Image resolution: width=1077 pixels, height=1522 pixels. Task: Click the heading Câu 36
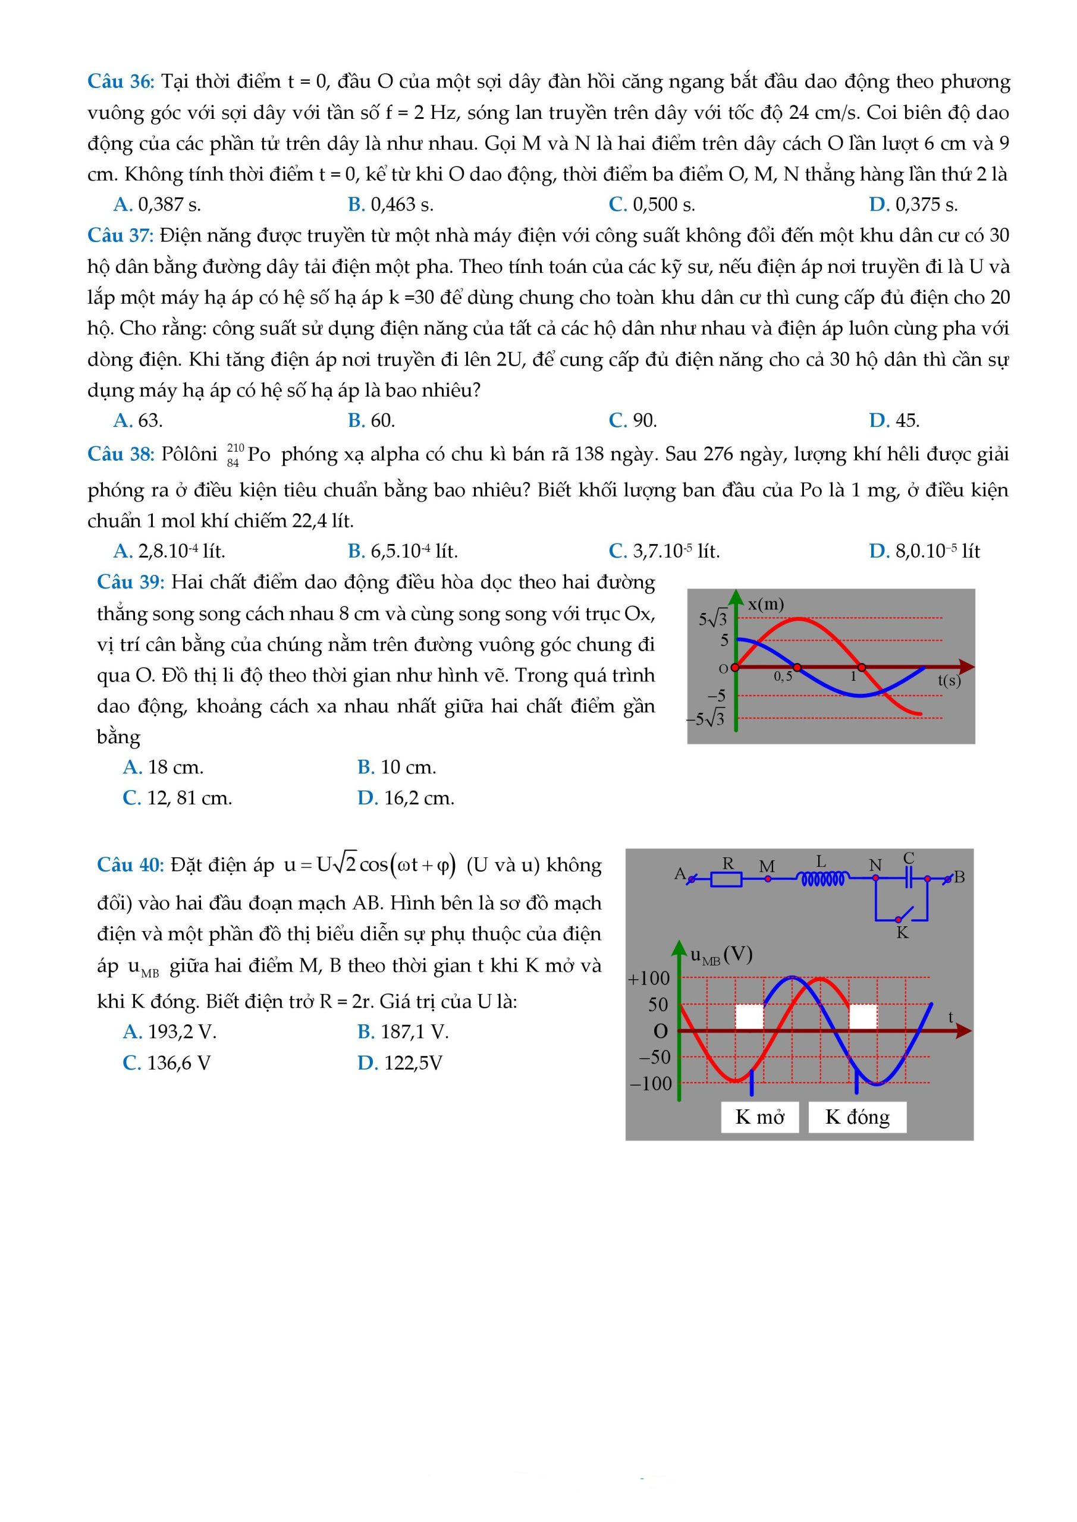120,81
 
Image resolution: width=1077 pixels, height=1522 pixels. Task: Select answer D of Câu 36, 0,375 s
913,205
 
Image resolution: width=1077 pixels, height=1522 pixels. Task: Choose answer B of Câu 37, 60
370,420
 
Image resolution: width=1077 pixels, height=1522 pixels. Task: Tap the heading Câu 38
120,454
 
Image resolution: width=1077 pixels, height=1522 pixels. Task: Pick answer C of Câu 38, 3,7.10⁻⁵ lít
664,551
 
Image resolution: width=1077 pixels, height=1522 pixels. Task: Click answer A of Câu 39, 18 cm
162,767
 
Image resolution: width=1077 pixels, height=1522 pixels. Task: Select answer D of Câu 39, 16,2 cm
405,798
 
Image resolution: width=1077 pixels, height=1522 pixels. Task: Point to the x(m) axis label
765,605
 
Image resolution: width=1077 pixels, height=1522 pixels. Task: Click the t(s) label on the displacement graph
949,680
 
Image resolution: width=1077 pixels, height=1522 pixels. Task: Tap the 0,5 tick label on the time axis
783,677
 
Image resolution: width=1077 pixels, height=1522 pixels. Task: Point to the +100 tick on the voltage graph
649,978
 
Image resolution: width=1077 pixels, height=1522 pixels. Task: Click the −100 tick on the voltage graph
651,1084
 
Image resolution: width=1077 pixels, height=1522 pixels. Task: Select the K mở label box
759,1117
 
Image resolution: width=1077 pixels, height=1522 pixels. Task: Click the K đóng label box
857,1117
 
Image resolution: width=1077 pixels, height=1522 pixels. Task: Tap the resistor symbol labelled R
726,879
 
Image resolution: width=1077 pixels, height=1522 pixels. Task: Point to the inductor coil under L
822,879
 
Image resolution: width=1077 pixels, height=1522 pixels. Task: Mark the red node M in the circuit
767,879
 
